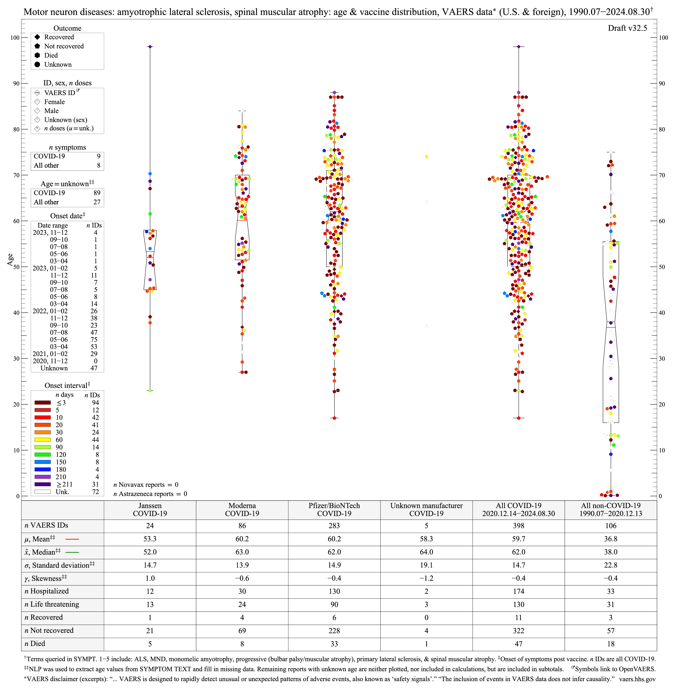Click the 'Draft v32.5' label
(x=627, y=28)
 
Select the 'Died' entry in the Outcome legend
(x=51, y=55)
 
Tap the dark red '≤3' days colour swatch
(x=43, y=403)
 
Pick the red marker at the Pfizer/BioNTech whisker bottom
(x=334, y=418)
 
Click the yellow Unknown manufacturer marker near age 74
(x=426, y=156)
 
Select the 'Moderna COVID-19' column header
(x=242, y=509)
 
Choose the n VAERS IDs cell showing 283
(x=334, y=526)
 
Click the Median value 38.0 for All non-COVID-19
(x=611, y=552)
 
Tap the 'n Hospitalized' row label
(x=46, y=591)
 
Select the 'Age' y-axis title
(x=10, y=260)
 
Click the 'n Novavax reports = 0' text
(x=146, y=485)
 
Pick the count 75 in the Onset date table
(x=94, y=339)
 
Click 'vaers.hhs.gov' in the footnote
(x=637, y=679)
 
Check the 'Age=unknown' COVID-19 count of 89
(x=97, y=193)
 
